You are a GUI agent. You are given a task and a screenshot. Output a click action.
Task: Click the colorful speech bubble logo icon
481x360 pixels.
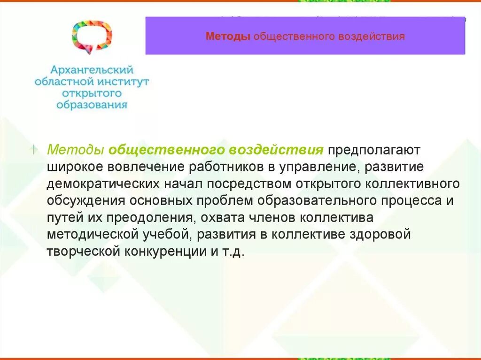92,36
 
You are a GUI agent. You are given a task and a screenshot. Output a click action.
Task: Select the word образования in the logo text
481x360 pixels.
92,104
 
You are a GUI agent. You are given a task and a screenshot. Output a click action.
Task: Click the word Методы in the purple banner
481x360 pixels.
228,37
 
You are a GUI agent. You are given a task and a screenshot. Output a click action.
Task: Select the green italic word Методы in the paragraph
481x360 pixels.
76,150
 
